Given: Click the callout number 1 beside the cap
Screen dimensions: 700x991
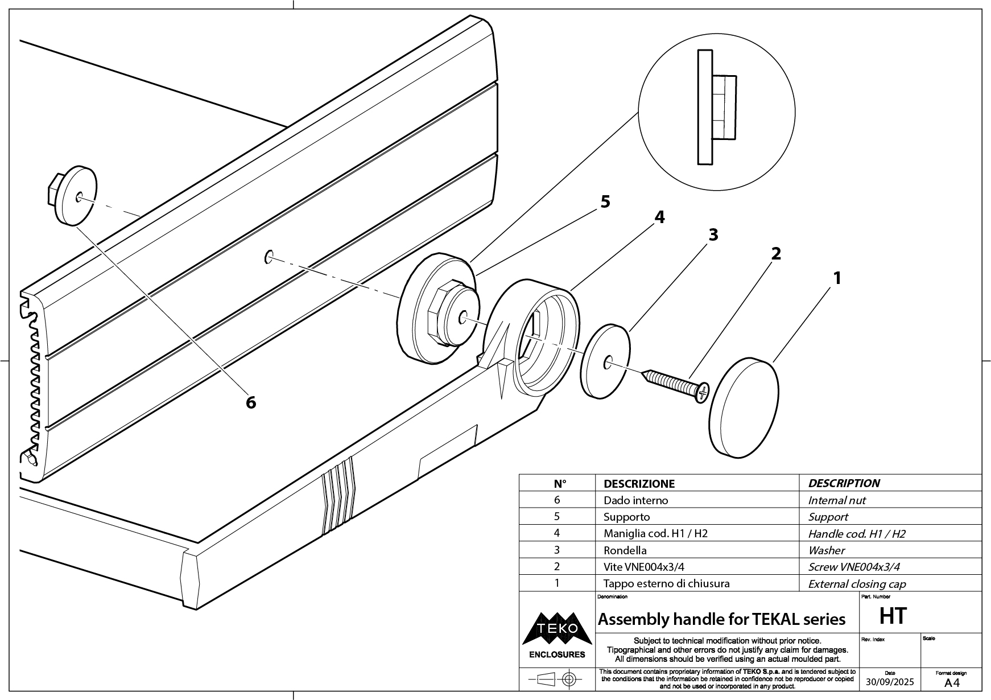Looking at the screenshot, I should tap(837, 278).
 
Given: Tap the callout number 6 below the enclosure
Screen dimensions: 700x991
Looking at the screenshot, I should tap(251, 402).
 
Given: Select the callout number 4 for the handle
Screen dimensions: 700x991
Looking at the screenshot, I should tap(659, 217).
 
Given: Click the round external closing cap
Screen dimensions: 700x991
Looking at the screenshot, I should tap(744, 407).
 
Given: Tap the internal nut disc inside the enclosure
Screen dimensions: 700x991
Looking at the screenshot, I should tap(75, 196).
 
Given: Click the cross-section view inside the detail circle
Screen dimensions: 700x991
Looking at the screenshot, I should tap(716, 107).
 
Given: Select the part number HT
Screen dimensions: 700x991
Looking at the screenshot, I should tap(893, 616).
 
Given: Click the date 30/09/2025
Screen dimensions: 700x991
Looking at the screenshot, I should tap(890, 682).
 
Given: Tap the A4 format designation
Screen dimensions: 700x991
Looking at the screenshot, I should tap(951, 683).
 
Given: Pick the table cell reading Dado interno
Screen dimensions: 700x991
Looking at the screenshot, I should tap(635, 500).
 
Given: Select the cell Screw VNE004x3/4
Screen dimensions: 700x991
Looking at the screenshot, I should tap(854, 567).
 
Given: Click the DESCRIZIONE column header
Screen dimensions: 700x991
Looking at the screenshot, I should tap(639, 484).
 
